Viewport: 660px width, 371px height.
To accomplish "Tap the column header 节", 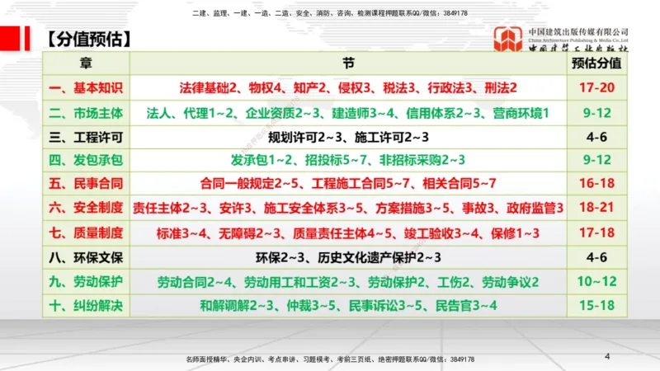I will point(347,63).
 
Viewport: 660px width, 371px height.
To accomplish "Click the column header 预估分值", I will point(596,63).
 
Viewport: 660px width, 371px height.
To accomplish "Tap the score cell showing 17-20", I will point(596,87).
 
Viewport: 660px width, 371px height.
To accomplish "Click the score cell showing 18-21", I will point(596,209).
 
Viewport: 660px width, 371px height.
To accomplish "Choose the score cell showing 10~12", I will point(596,282).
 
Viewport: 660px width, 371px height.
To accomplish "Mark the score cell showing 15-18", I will point(596,306).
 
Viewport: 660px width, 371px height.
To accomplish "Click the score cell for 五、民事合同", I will point(596,185).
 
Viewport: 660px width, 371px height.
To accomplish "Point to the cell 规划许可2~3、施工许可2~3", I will point(347,136).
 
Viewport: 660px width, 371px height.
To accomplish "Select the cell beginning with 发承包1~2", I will point(347,160).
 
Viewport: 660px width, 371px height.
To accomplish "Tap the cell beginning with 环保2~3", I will point(347,257).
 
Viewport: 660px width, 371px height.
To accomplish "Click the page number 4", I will point(607,356).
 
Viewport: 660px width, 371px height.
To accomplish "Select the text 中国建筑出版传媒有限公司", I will point(578,31).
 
